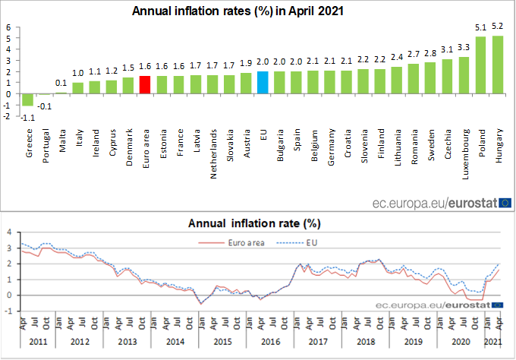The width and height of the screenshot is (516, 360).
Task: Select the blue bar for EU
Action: [x=262, y=83]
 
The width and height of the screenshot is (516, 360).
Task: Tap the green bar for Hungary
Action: [x=498, y=65]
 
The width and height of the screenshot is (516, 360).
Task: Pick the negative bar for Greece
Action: [x=28, y=99]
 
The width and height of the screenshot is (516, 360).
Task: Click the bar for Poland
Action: [x=480, y=65]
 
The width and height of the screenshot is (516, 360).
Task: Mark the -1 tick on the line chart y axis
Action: [x=9, y=311]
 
